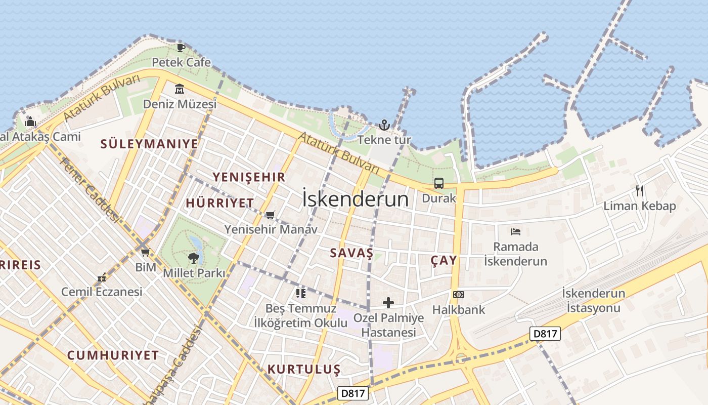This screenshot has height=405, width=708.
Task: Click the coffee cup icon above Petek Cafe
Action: pos(181,48)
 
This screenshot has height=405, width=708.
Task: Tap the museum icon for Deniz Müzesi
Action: pos(179,89)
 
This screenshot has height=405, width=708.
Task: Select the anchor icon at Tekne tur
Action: pos(384,125)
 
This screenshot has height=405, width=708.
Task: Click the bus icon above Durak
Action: pos(438,183)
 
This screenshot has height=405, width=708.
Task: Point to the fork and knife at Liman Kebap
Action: pos(640,191)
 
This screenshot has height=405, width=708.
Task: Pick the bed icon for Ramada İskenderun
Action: pos(515,232)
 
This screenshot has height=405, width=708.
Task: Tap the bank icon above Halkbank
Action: pos(459,295)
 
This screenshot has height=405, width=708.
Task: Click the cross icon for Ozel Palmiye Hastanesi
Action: pos(388,303)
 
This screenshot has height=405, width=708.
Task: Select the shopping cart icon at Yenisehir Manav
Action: pos(271,215)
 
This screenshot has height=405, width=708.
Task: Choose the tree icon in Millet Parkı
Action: pos(193,258)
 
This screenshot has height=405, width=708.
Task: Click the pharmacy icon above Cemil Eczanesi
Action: pos(102,277)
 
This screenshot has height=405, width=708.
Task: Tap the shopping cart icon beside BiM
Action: pos(145,252)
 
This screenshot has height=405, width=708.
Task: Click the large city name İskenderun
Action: pos(355,198)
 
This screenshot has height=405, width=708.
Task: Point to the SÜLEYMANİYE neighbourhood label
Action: pos(149,144)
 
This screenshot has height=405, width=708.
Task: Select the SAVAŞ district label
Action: pos(351,253)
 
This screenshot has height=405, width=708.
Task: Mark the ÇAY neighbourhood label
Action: pos(444,260)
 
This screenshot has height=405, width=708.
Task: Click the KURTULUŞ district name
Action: pos(304,369)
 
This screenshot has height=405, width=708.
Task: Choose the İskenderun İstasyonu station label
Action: pos(593,300)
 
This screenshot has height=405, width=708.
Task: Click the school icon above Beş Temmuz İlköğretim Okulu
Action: pos(301,293)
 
